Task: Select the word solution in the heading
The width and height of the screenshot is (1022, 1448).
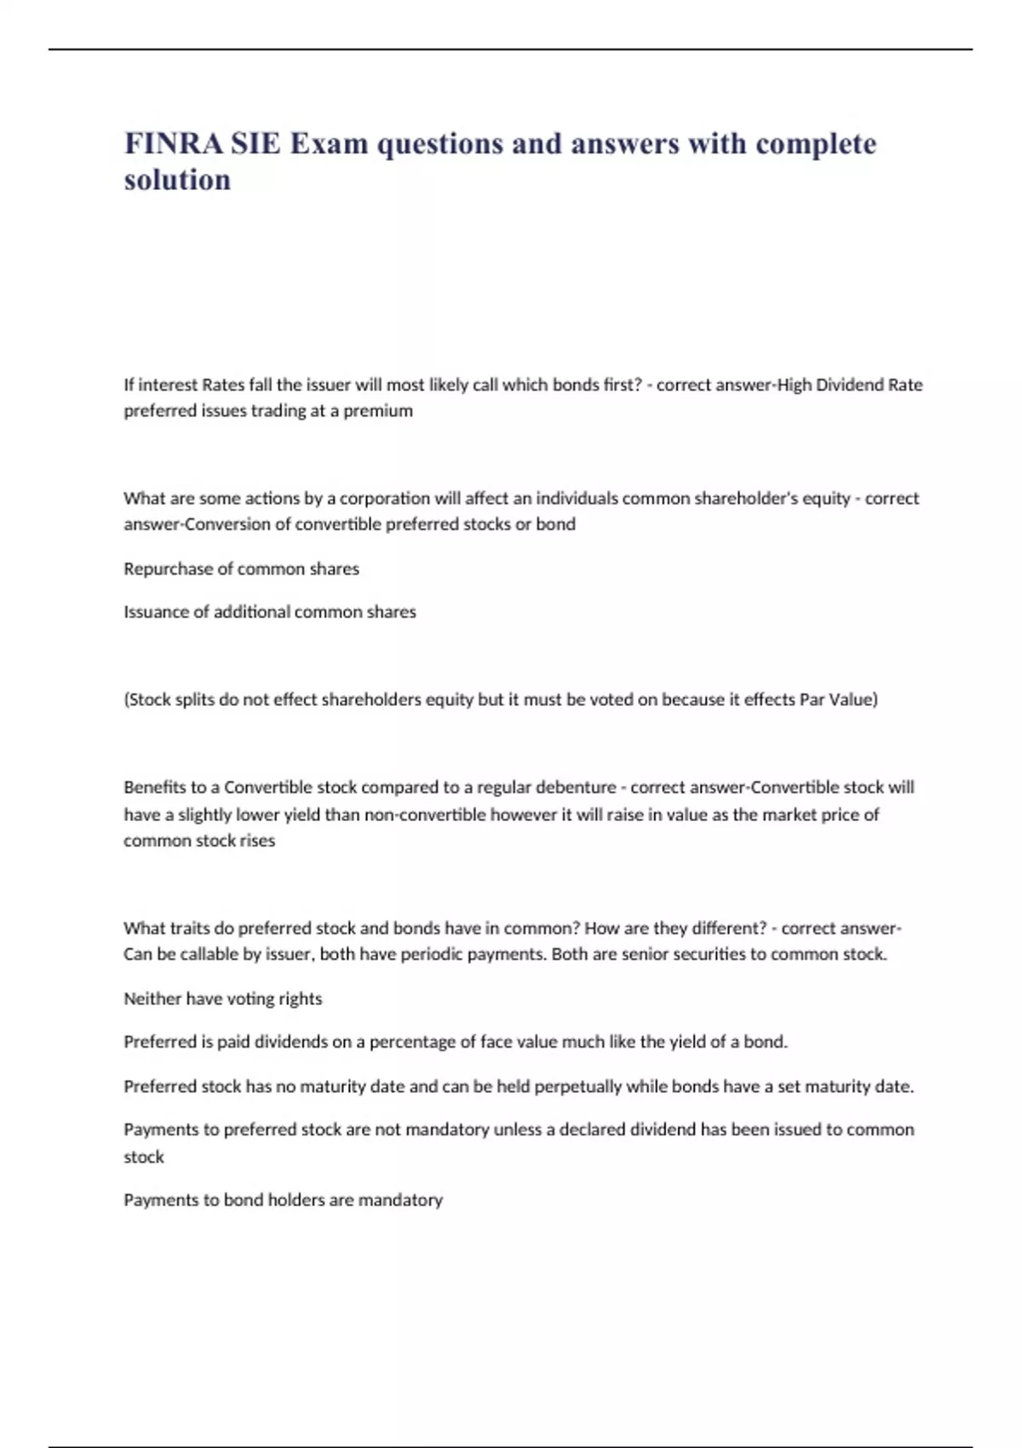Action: coord(177,181)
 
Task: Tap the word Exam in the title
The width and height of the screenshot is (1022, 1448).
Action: coord(329,144)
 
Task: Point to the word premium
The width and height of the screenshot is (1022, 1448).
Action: coord(378,411)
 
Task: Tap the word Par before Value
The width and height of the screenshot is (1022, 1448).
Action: coord(813,700)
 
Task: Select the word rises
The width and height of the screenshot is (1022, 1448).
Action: coord(257,841)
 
